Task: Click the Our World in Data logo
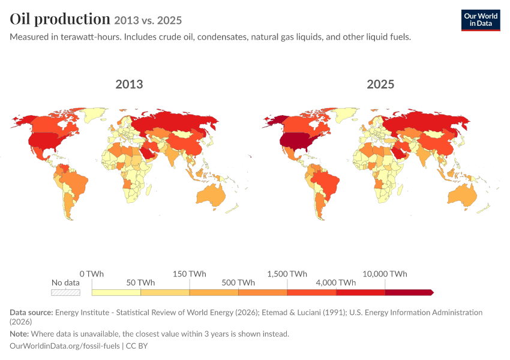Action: coord(481,20)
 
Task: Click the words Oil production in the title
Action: coord(60,19)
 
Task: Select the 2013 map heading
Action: coord(129,84)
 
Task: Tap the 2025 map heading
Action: coord(380,84)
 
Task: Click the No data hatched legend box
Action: coord(66,292)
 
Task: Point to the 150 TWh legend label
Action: coord(189,274)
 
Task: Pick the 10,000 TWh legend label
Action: coord(385,274)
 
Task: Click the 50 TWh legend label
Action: coord(140,283)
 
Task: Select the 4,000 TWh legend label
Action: coord(336,283)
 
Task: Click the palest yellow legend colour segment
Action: coord(116,292)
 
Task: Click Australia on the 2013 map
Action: coord(211,195)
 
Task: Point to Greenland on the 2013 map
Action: coord(94,114)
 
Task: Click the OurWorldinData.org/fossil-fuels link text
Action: coord(65,346)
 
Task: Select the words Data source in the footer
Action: coord(31,313)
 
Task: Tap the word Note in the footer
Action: coord(19,334)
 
